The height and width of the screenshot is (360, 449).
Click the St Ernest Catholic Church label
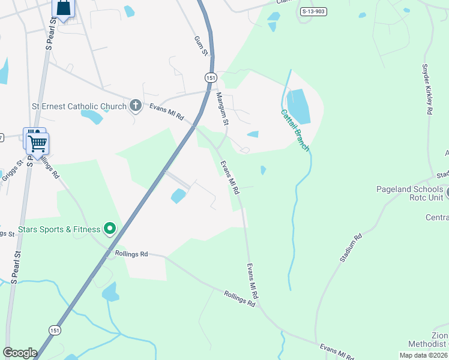pyautogui.click(x=79, y=107)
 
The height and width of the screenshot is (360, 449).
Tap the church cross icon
pyautogui.click(x=135, y=106)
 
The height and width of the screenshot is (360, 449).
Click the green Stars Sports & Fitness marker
pyautogui.click(x=110, y=228)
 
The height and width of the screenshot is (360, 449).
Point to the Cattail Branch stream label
pyautogui.click(x=294, y=129)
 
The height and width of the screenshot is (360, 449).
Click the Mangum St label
pyautogui.click(x=223, y=109)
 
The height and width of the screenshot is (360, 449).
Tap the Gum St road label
pyautogui.click(x=200, y=46)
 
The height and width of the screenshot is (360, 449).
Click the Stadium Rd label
pyautogui.click(x=351, y=247)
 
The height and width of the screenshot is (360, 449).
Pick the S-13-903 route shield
pyautogui.click(x=313, y=11)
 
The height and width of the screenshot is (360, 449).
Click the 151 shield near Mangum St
pyautogui.click(x=210, y=78)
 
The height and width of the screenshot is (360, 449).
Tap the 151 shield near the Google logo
pyautogui.click(x=55, y=330)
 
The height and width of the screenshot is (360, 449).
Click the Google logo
pyautogui.click(x=20, y=353)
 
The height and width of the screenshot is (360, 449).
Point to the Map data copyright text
pyautogui.click(x=423, y=355)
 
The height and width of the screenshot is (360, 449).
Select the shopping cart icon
pyautogui.click(x=38, y=143)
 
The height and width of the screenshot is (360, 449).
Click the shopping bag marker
pyautogui.click(x=62, y=8)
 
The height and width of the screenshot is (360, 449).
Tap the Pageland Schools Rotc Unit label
pyautogui.click(x=409, y=193)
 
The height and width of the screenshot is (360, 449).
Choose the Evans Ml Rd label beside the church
pyautogui.click(x=166, y=111)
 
